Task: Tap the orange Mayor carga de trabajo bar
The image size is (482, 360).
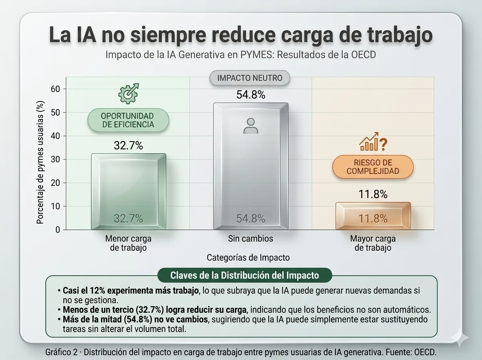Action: click(373, 216)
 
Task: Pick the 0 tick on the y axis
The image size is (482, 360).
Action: click(58, 230)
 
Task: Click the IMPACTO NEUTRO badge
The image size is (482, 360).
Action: click(249, 78)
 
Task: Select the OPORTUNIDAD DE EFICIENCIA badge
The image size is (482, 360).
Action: click(128, 120)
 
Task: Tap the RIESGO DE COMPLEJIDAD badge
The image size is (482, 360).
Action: click(373, 167)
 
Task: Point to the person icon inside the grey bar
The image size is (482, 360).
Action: click(251, 126)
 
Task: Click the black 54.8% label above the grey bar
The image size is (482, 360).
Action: click(251, 95)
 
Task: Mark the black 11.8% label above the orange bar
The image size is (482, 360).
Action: click(373, 194)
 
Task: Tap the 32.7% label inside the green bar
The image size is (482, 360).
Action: click(128, 219)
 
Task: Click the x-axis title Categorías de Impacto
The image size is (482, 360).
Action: click(248, 258)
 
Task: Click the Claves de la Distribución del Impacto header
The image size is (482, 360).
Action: click(245, 276)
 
